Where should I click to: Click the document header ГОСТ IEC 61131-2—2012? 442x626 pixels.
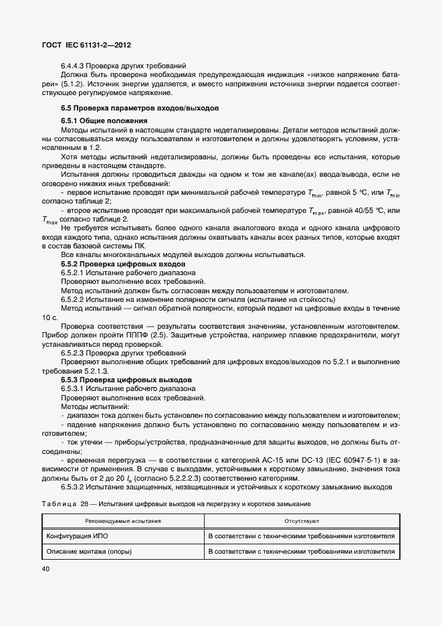[86, 45]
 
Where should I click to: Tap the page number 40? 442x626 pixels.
[46, 568]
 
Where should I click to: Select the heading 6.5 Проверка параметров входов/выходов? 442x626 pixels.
[142, 108]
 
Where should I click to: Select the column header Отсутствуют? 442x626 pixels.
[302, 520]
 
